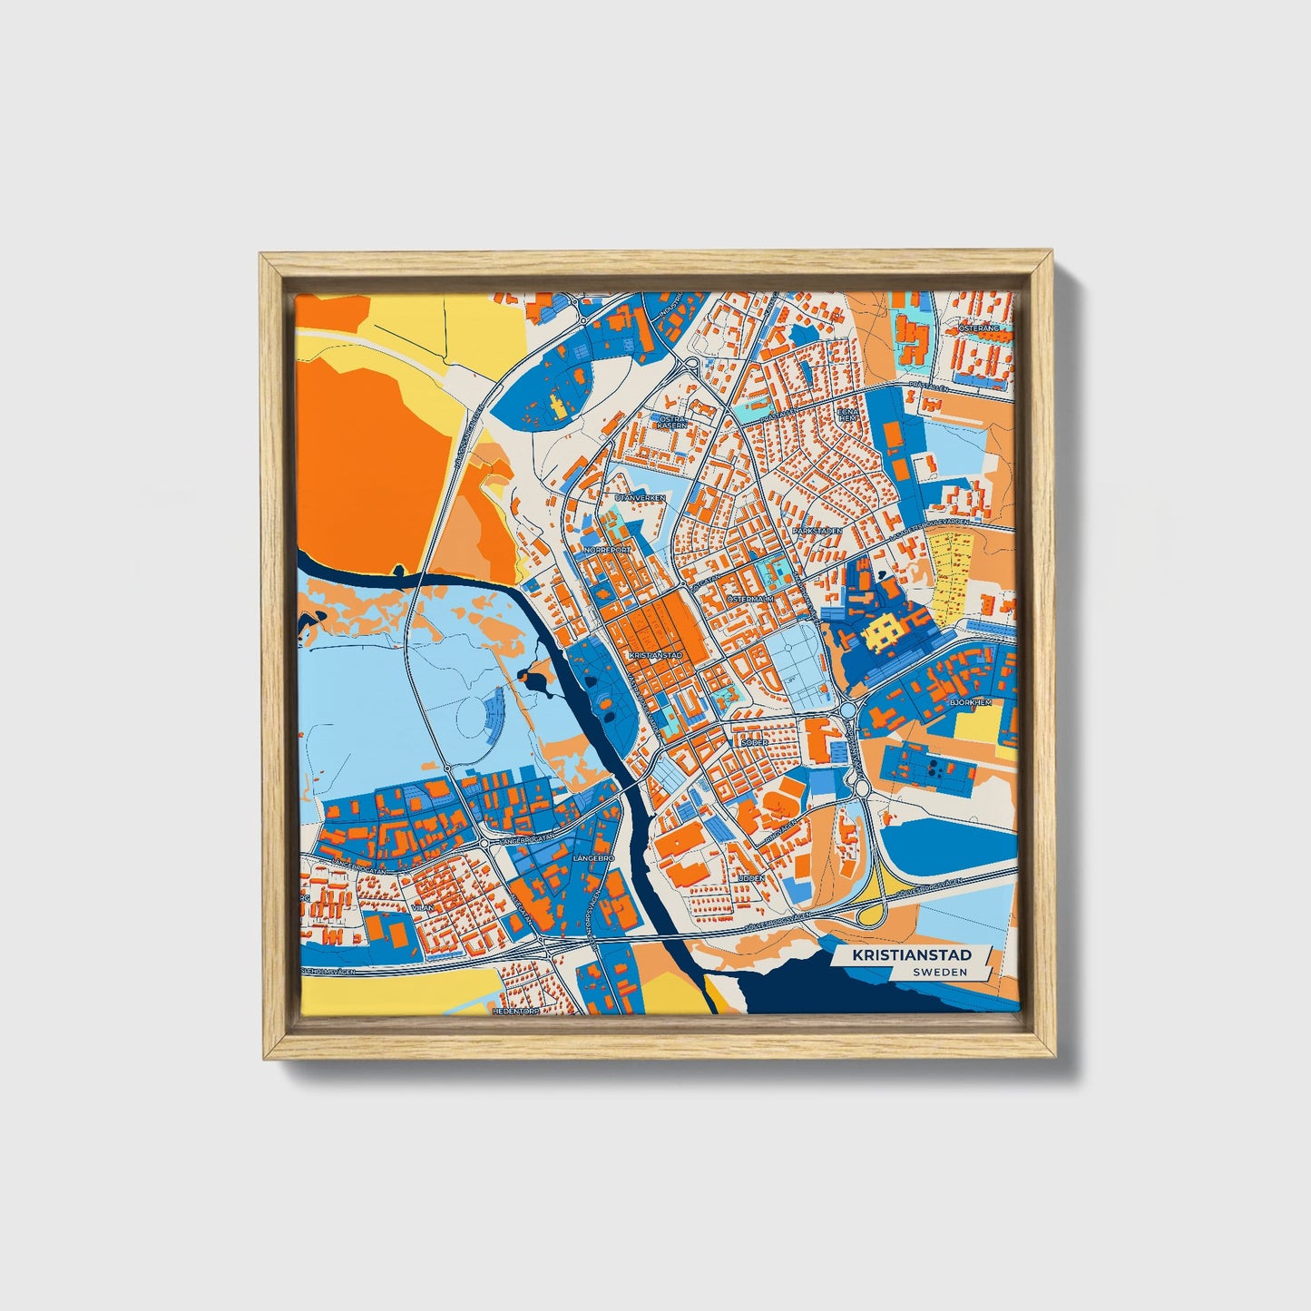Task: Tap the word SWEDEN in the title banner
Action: tap(940, 972)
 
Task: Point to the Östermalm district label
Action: tap(750, 599)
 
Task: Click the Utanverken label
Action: tap(641, 498)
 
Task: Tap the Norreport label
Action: tap(607, 550)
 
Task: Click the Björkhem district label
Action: tap(970, 702)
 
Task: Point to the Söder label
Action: tap(755, 742)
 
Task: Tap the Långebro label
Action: tap(594, 856)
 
